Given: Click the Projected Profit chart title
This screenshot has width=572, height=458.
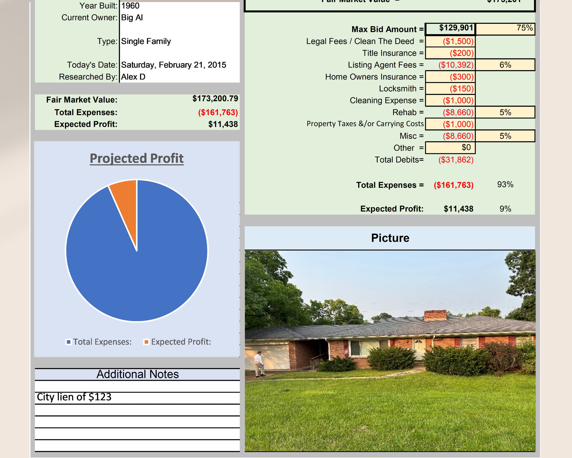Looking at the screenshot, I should point(137,158).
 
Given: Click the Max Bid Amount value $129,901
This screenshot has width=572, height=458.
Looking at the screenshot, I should point(456,28).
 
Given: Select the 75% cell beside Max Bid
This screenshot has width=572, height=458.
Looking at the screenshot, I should point(505,29).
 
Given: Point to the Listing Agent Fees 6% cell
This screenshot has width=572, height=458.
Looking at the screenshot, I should point(505,65).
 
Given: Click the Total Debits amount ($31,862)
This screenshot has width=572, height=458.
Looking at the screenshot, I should point(456,160).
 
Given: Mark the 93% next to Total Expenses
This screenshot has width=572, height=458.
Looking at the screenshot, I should point(505,185).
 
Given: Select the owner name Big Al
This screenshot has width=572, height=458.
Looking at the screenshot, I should point(132,18).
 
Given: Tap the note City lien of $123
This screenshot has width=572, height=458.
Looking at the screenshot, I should point(74,397).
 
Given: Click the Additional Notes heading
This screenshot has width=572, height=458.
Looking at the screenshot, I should point(138,374).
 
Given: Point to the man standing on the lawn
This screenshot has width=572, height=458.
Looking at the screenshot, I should point(259,364).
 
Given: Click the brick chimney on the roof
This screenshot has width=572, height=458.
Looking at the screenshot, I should point(435,315).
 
